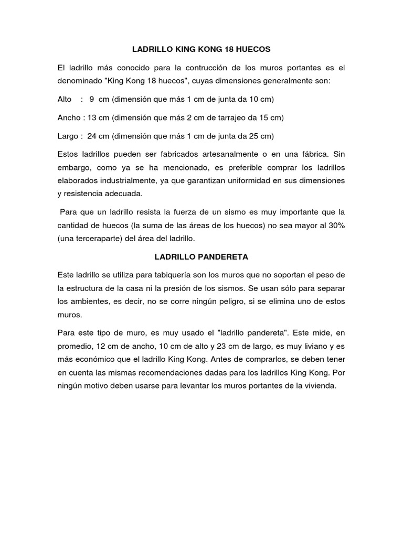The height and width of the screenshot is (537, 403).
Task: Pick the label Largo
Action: pos(68,136)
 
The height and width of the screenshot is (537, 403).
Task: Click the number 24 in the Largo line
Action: pos(92,136)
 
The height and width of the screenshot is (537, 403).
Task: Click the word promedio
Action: pos(75,347)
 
